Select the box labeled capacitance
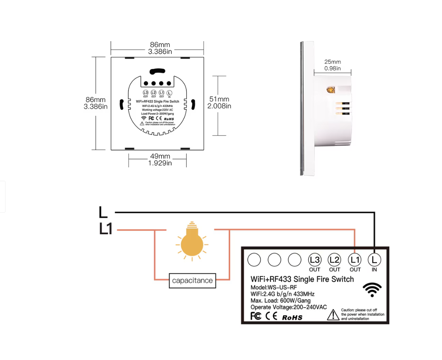pyautogui.click(x=192, y=280)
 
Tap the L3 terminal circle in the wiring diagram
pyautogui.click(x=315, y=260)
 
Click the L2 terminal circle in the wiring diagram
pyautogui.click(x=335, y=260)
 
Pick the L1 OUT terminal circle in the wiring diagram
pyautogui.click(x=355, y=260)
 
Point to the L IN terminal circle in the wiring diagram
pyautogui.click(x=374, y=260)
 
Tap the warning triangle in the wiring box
pyautogui.click(x=333, y=315)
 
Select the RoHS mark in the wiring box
pyautogui.click(x=292, y=318)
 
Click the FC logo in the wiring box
pyautogui.click(x=256, y=316)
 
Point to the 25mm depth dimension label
pyautogui.click(x=332, y=62)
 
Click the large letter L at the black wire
pyautogui.click(x=103, y=212)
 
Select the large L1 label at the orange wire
pyautogui.click(x=106, y=229)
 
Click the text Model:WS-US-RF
pyautogui.click(x=274, y=287)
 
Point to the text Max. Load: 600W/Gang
pyautogui.click(x=280, y=301)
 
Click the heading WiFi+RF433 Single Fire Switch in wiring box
pyautogui.click(x=302, y=279)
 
